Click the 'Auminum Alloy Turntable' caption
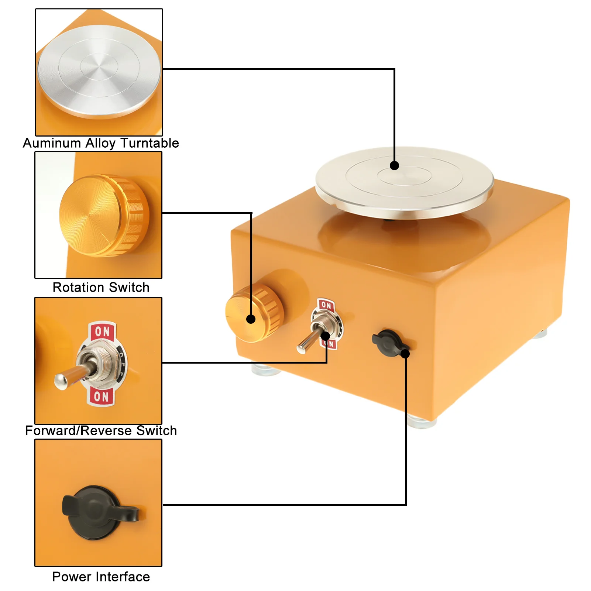[101, 143]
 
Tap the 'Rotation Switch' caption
[101, 287]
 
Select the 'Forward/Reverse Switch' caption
[101, 430]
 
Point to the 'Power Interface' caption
[101, 577]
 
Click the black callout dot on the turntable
[394, 165]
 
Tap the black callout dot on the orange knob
[251, 319]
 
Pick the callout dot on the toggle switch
[326, 336]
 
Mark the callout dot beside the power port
[405, 354]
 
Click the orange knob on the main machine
[254, 313]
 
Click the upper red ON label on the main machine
[326, 305]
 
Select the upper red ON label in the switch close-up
[102, 331]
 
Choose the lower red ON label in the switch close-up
[101, 396]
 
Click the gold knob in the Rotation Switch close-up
[104, 216]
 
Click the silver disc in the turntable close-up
[99, 72]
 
